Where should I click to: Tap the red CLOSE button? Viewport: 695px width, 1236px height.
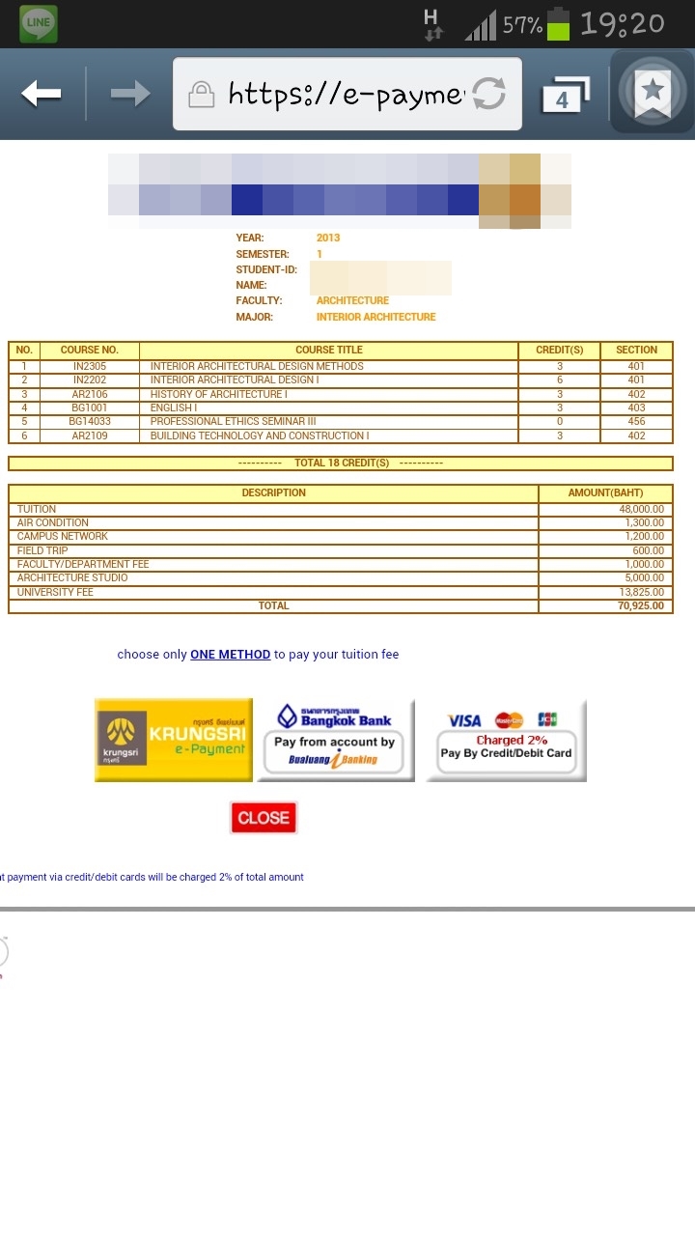point(264,818)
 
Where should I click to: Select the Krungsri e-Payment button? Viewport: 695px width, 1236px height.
point(174,740)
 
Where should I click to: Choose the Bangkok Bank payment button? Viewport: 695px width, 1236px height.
point(335,740)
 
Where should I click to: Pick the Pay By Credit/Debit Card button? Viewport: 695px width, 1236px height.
point(506,740)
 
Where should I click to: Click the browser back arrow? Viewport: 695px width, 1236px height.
point(42,94)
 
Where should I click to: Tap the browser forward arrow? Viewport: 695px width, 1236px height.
point(129,94)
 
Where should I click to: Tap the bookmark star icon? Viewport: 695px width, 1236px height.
point(653,93)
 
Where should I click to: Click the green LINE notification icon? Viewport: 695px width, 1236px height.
point(39,23)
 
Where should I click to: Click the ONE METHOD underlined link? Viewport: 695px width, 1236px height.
point(230,655)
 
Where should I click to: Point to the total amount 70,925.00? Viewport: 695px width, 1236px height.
point(641,606)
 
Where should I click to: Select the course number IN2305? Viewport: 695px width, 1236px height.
point(89,367)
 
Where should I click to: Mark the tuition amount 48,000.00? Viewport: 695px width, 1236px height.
point(641,509)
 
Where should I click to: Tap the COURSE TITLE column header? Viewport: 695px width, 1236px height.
point(329,351)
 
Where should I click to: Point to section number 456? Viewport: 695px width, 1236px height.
point(636,422)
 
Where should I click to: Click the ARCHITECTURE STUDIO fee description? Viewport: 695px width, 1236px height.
point(72,578)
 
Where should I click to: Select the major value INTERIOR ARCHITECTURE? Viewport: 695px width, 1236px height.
point(375,317)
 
